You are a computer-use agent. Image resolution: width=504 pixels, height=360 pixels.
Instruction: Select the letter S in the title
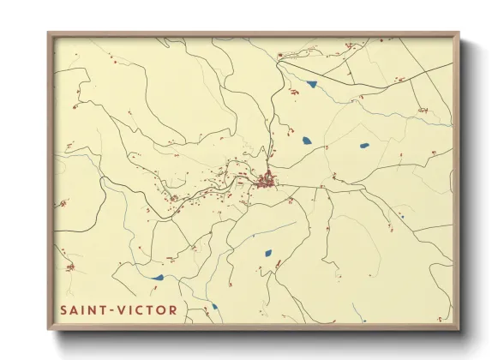coord(64,309)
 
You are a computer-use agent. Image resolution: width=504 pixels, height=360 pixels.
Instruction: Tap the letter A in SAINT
coord(74,309)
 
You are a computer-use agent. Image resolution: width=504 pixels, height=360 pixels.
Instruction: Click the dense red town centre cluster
coord(267,180)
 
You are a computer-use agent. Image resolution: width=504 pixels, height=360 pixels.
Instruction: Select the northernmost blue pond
coord(310,84)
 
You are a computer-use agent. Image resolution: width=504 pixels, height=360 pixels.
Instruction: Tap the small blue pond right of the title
coord(214,305)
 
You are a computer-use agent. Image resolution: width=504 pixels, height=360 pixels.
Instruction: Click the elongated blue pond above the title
coord(156,277)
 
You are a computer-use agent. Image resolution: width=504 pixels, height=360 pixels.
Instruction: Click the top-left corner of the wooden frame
coord(49,34)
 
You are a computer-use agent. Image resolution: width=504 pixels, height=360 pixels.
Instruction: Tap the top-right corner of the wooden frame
coord(458,34)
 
